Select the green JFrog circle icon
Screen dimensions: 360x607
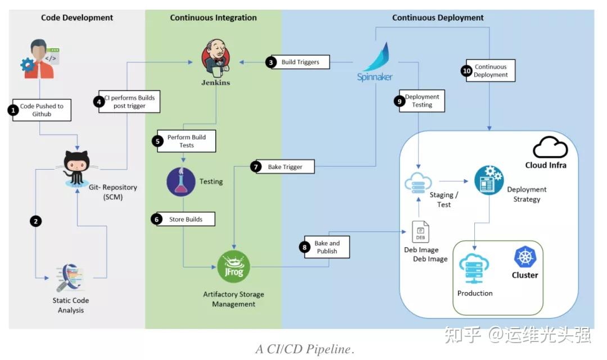click(233, 266)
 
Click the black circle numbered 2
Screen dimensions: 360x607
click(36, 221)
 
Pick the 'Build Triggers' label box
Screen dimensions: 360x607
click(300, 62)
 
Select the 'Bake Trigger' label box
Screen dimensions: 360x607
click(286, 167)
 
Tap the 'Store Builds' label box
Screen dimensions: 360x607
click(185, 219)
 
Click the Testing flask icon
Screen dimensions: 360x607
click(181, 181)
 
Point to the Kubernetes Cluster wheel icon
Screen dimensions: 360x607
click(525, 257)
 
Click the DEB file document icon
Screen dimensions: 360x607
click(420, 231)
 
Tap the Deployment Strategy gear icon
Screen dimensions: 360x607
click(488, 180)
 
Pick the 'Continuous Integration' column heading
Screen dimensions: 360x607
click(213, 18)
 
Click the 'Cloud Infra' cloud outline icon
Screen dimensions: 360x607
click(550, 147)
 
